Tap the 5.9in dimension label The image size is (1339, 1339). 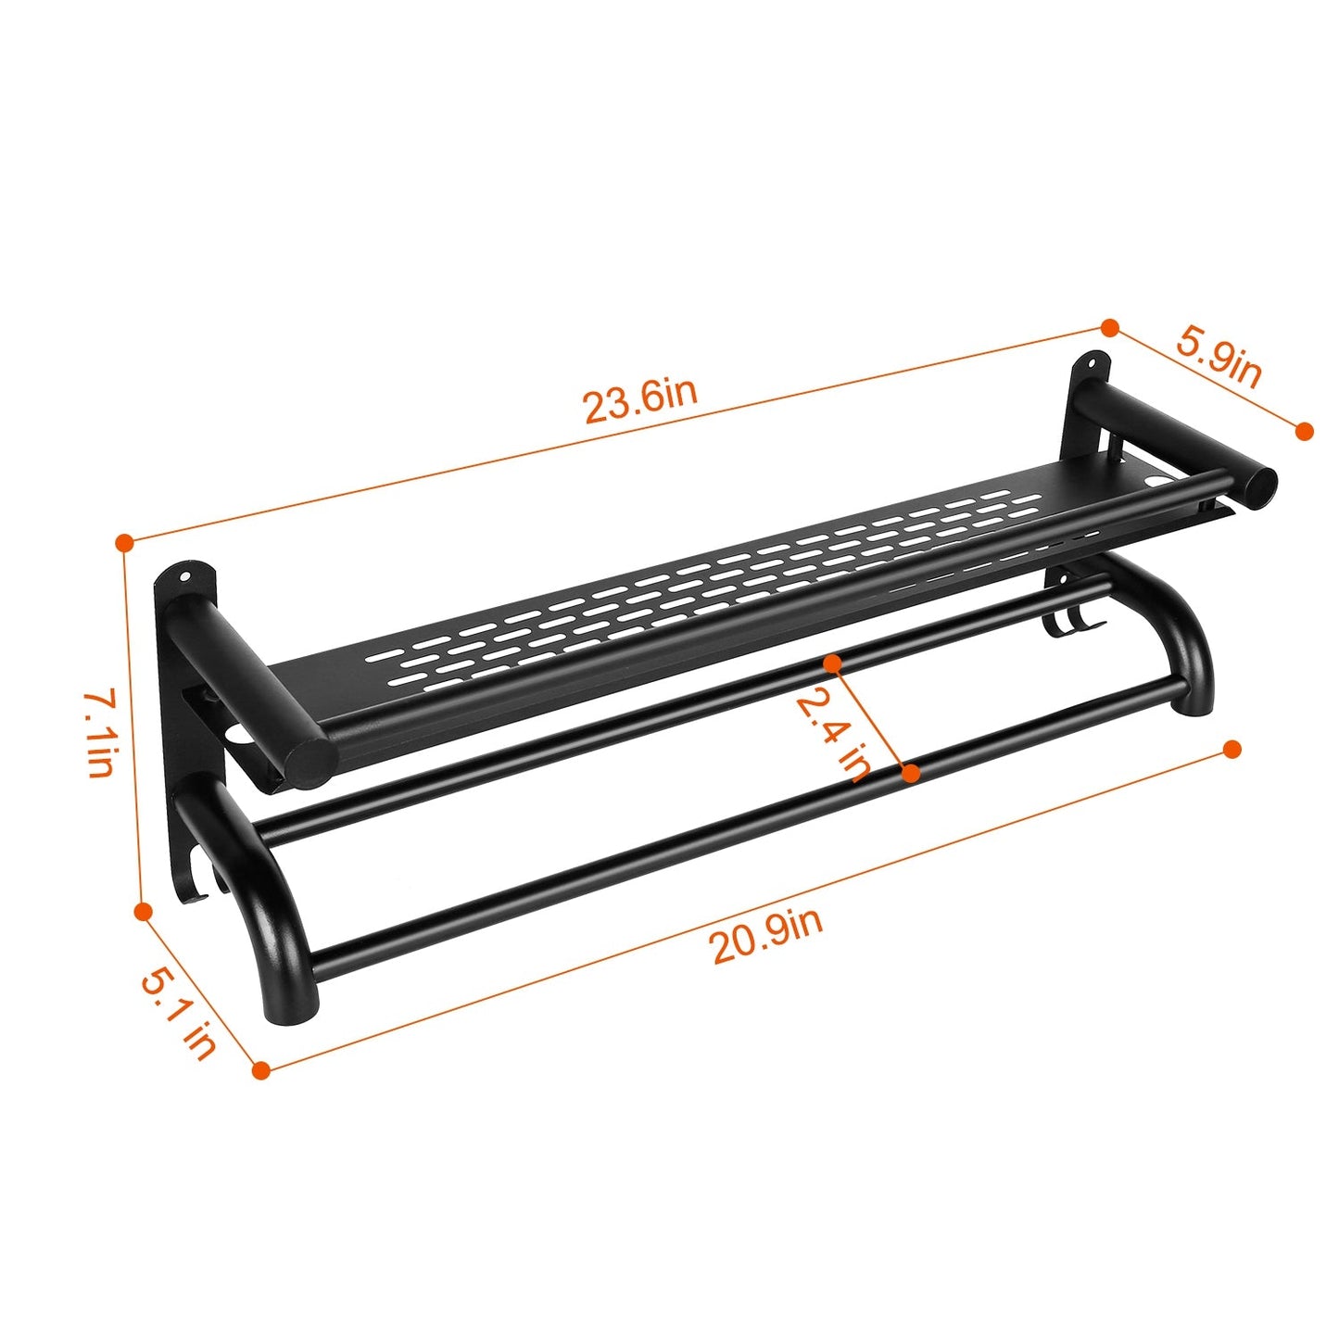[x=1219, y=356]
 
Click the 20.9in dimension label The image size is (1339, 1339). [x=766, y=937]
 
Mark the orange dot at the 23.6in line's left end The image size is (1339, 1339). [x=124, y=542]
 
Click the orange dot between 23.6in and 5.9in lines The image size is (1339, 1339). [x=1109, y=327]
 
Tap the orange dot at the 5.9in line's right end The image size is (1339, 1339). [x=1304, y=431]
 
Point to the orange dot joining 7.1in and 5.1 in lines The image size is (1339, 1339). [x=143, y=912]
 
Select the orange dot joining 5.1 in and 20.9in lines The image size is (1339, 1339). [x=261, y=1070]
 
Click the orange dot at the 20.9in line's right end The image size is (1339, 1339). [x=1232, y=749]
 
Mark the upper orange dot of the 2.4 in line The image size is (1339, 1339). [x=832, y=663]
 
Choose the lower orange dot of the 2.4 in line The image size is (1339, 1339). [x=911, y=772]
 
